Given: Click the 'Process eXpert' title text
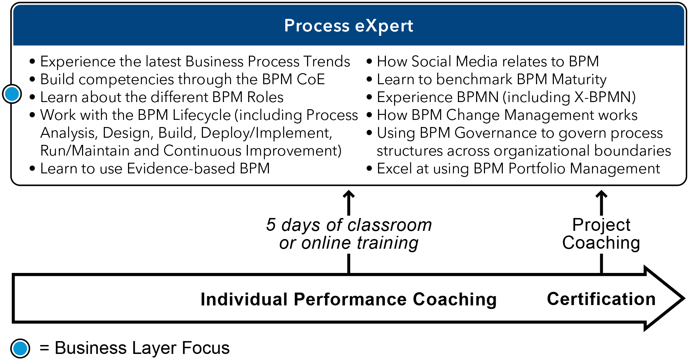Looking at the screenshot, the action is [348, 26].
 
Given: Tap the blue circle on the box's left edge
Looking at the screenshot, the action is [12, 94].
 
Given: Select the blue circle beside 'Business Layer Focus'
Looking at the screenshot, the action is [20, 348].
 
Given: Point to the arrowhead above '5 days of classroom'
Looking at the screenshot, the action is [349, 194].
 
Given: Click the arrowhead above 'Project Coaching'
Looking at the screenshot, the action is [601, 194].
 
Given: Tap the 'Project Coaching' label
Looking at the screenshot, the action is [601, 234].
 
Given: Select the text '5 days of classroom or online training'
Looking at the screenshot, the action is [349, 234].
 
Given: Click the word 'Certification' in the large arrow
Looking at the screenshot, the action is [601, 299].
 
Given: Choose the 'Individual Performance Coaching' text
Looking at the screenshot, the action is [348, 299].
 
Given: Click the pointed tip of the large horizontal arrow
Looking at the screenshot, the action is [684, 298].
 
